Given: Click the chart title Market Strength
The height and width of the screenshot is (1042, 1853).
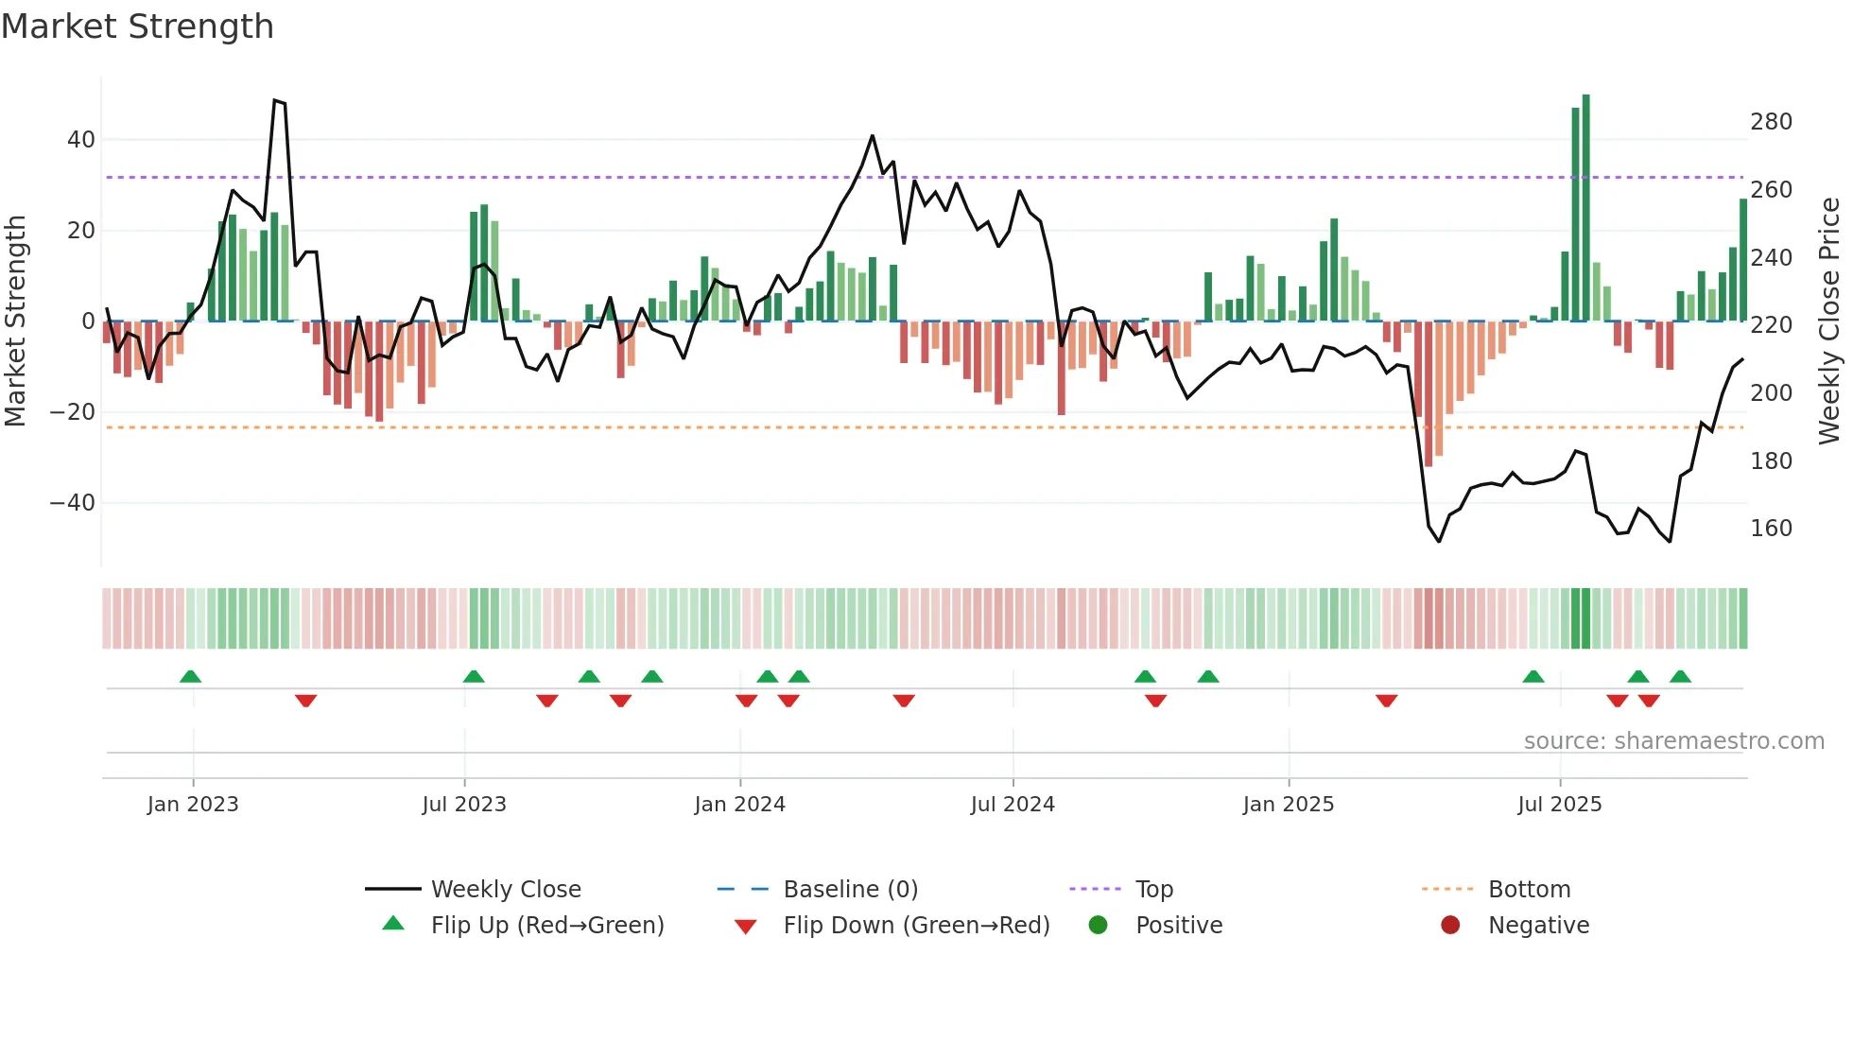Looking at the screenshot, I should pos(137,26).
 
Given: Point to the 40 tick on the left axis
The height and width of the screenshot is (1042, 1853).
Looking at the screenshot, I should pos(81,140).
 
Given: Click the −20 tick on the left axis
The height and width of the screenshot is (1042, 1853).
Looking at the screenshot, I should pos(73,412).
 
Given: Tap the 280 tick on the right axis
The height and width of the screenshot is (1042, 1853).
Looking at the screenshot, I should pos(1771,122).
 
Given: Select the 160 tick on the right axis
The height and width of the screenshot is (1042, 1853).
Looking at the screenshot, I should pos(1771,529).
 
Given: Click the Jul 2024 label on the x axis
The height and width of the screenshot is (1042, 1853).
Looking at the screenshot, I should pos(1013,805).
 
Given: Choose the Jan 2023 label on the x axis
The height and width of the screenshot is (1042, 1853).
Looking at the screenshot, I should pos(193,805).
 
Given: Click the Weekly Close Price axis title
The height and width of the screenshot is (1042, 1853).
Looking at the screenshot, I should pos(1829,321).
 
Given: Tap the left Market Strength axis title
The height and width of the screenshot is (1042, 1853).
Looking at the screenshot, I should pos(15,321).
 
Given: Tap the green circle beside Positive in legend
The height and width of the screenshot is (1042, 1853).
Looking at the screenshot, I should pos(1098,925).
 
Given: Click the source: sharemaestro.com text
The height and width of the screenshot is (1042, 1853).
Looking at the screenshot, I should pos(1673,741).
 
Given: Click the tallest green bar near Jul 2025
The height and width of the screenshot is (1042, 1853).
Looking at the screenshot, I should pos(1585,208).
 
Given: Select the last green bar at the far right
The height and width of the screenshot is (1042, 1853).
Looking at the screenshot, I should pos(1743,260).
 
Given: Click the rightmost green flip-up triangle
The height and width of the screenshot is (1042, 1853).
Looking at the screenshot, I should pos(1680,676).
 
